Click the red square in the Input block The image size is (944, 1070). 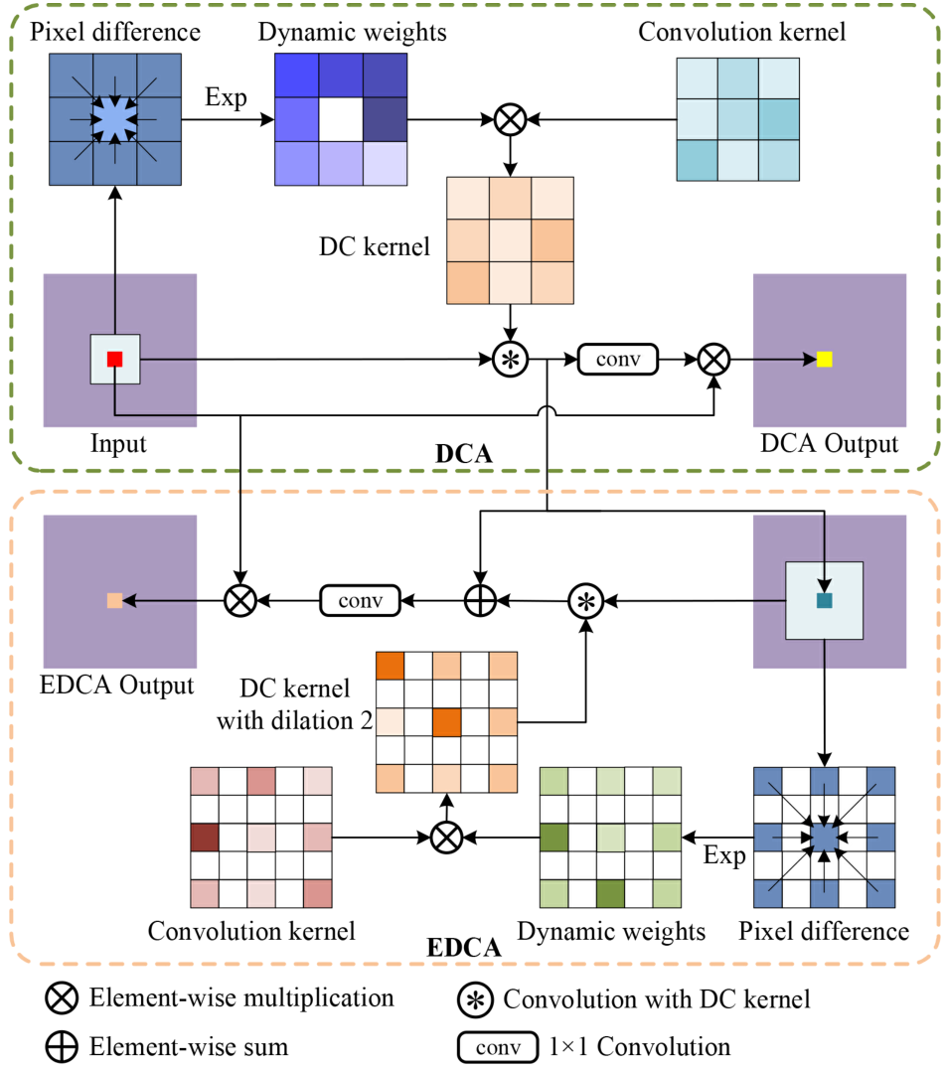[x=114, y=359]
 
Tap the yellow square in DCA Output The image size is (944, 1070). [x=824, y=359]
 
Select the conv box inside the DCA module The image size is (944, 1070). [x=617, y=359]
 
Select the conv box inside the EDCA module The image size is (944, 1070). [x=360, y=599]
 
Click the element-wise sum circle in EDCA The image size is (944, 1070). [x=479, y=599]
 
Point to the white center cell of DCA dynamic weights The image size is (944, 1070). [x=340, y=120]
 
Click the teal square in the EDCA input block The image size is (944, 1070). [x=824, y=600]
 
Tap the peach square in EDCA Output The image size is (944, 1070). [x=114, y=599]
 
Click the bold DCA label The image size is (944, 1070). [x=466, y=453]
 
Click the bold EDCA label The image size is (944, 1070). [x=463, y=945]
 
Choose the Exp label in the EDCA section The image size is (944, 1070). [x=723, y=855]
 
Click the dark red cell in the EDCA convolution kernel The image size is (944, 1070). [x=204, y=838]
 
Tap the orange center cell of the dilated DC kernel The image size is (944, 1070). [x=447, y=720]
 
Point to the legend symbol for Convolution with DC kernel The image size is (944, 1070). [x=475, y=998]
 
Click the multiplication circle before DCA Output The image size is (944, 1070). [x=712, y=359]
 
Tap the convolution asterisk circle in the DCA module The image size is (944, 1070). [x=510, y=359]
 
